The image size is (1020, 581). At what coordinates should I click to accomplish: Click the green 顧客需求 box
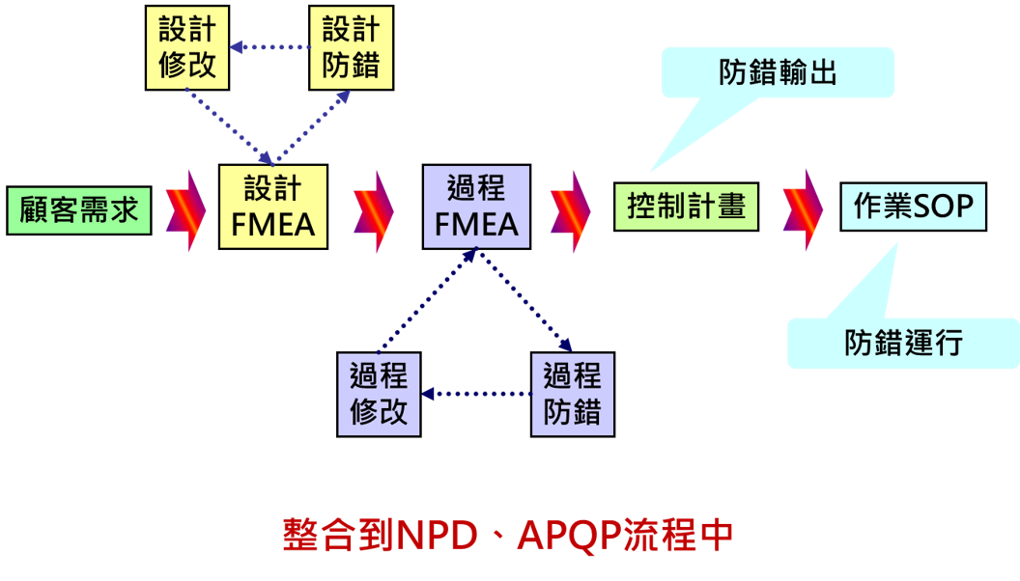pyautogui.click(x=79, y=210)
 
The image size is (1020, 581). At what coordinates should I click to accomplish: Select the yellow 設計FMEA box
pyautogui.click(x=273, y=207)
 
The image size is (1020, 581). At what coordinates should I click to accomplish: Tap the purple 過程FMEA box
pyautogui.click(x=476, y=207)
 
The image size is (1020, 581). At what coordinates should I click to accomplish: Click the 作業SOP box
pyautogui.click(x=913, y=207)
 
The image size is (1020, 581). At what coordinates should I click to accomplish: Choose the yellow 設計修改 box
pyautogui.click(x=187, y=47)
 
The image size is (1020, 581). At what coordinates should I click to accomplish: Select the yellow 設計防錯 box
pyautogui.click(x=352, y=47)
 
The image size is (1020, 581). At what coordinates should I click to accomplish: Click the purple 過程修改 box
pyautogui.click(x=379, y=394)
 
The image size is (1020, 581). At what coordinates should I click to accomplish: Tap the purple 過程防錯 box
pyautogui.click(x=572, y=394)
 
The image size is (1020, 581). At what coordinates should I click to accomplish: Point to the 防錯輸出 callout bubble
pyautogui.click(x=778, y=72)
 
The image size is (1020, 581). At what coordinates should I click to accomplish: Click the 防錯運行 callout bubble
pyautogui.click(x=903, y=343)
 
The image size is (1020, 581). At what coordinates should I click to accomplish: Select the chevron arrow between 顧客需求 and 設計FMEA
pyautogui.click(x=184, y=209)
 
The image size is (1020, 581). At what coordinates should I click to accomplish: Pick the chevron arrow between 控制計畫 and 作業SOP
pyautogui.click(x=802, y=209)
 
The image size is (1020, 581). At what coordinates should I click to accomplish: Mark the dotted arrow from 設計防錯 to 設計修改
pyautogui.click(x=269, y=46)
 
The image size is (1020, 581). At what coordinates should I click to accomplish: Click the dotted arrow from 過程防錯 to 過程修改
pyautogui.click(x=476, y=394)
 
